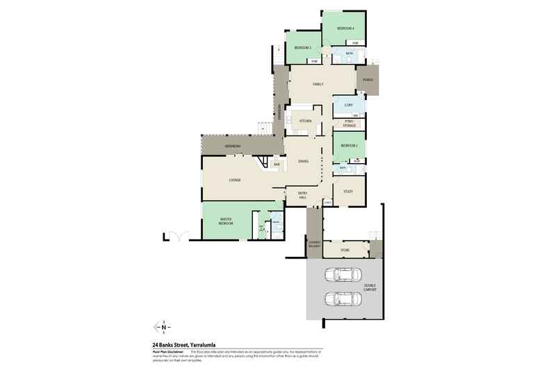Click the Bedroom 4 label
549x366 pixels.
coord(345,28)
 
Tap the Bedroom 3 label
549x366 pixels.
coord(302,47)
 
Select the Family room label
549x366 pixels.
coord(317,84)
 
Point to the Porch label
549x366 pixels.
coord(368,80)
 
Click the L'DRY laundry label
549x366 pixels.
coord(339,106)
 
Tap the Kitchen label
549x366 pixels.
coord(304,121)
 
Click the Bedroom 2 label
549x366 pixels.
coord(349,146)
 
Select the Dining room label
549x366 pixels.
coord(303,161)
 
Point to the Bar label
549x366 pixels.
coord(276,165)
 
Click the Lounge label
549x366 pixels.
coord(235,180)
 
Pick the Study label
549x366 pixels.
coord(348,191)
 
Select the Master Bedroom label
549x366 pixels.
coord(226,222)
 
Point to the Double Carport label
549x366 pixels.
coord(369,288)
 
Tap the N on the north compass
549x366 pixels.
coord(164,326)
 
